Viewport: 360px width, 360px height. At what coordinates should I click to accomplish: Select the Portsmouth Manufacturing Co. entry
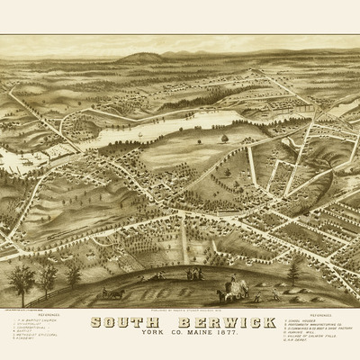tap(310, 325)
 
